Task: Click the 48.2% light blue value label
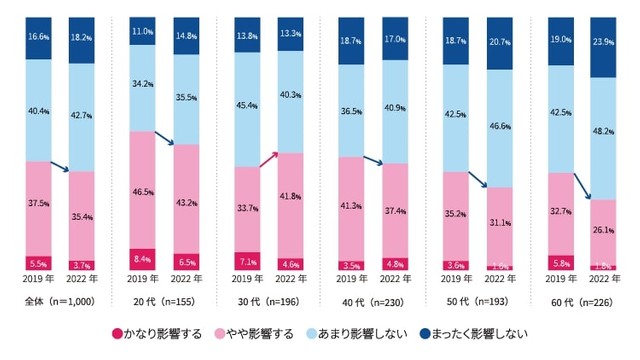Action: tap(602, 130)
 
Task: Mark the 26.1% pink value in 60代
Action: tap(602, 228)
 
